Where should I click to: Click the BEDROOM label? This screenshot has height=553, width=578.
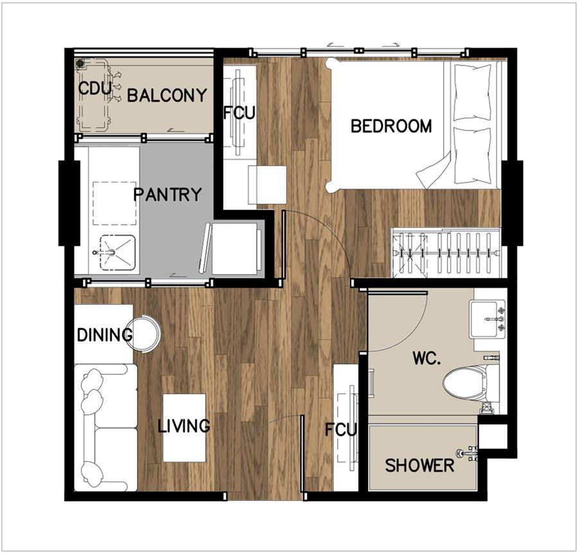click(391, 126)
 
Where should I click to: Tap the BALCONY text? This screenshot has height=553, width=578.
click(167, 96)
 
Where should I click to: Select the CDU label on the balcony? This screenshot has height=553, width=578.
click(95, 89)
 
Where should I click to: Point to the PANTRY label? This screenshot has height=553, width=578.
click(168, 194)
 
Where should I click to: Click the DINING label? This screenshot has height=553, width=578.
click(105, 335)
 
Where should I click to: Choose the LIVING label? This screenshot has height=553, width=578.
click(184, 426)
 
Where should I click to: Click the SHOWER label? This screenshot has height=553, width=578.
click(419, 465)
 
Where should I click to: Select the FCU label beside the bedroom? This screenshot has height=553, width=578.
click(240, 113)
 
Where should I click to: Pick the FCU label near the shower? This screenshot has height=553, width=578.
click(340, 430)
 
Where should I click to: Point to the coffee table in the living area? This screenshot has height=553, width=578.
click(184, 428)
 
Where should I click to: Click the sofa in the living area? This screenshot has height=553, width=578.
click(106, 428)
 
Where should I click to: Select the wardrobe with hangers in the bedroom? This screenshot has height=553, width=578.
click(446, 253)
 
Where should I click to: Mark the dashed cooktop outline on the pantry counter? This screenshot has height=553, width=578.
click(115, 203)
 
